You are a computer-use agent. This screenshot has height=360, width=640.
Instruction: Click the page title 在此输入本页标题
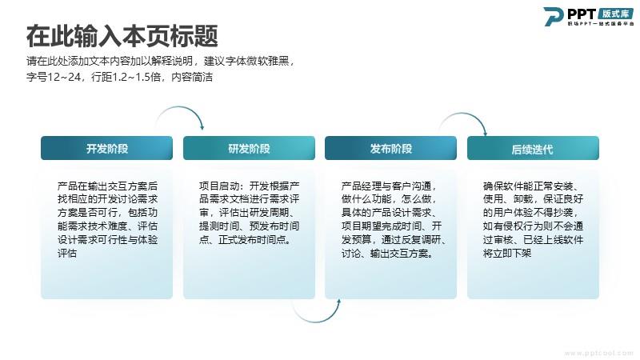click(122, 36)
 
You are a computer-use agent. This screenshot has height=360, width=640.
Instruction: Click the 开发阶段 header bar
click(107, 148)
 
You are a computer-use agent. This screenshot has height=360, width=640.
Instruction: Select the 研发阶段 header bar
click(249, 148)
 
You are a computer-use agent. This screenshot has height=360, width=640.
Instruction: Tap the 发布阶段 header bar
click(390, 148)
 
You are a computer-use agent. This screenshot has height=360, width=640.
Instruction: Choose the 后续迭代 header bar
click(533, 148)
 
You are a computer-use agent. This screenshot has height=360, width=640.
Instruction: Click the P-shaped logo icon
click(553, 17)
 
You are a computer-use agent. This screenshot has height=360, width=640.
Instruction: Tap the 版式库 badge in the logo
click(616, 14)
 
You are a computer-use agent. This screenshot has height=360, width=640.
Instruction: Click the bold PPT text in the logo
click(582, 14)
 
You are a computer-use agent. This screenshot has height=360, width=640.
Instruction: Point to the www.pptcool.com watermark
click(598, 353)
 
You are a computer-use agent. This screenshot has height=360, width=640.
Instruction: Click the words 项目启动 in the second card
click(218, 186)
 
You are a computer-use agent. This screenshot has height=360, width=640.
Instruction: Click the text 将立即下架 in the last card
click(507, 253)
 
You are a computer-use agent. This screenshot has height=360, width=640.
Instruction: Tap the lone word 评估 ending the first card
click(67, 253)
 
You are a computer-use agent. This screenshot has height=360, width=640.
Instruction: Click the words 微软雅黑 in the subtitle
click(268, 62)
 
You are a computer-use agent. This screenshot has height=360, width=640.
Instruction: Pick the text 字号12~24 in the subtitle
click(54, 77)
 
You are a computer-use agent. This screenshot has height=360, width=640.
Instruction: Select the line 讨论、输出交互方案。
click(388, 253)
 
